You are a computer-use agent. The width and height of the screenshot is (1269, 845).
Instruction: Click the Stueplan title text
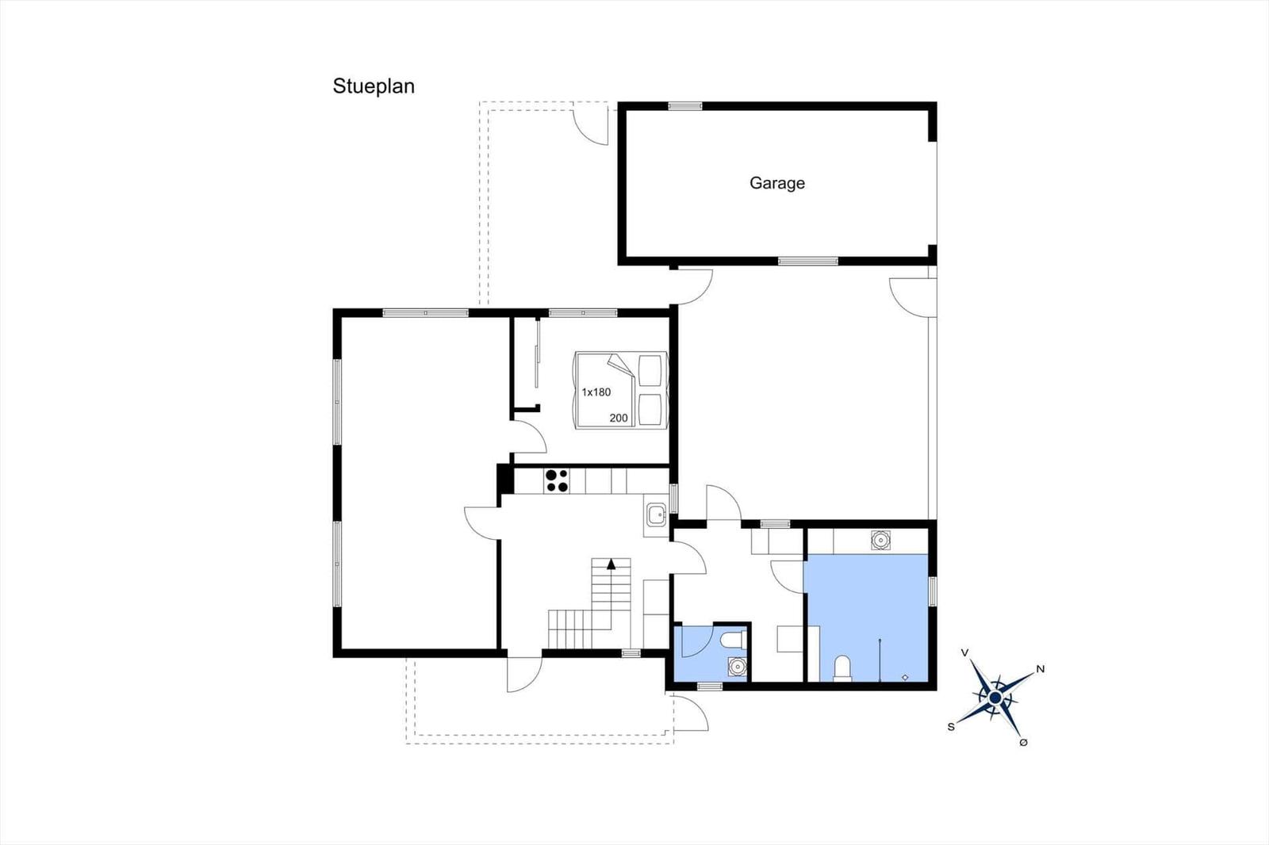tap(374, 86)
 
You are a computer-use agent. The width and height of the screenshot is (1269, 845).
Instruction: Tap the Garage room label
tap(776, 183)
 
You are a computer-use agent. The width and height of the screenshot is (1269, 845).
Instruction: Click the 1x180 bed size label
tap(596, 392)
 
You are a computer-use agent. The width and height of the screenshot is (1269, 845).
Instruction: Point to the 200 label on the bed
tap(619, 418)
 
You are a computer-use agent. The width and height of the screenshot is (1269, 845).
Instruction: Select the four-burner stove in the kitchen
tap(557, 481)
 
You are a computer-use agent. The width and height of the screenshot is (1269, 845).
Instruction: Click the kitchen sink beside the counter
tap(657, 514)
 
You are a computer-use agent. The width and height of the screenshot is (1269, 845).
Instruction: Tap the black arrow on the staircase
tap(611, 564)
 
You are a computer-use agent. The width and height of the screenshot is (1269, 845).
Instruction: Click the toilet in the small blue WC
tap(732, 640)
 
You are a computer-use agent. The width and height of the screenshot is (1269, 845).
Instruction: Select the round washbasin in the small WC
tap(737, 667)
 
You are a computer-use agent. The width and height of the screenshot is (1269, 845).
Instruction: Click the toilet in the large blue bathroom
tap(842, 668)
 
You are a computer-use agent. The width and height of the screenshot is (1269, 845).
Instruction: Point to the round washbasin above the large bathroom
tap(880, 541)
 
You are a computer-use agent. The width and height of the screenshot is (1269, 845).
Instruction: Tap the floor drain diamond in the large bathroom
tap(905, 678)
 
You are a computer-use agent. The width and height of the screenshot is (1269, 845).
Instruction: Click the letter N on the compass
tap(1040, 669)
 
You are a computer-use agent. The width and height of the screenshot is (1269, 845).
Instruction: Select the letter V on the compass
tap(964, 653)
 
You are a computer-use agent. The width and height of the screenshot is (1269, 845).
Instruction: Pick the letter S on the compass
tap(951, 727)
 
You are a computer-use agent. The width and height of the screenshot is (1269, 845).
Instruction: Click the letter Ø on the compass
tap(1023, 743)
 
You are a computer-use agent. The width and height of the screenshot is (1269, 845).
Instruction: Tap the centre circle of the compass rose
tap(995, 698)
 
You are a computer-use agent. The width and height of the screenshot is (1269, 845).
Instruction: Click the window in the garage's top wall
tap(685, 106)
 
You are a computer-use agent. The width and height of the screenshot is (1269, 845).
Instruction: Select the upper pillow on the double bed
tap(650, 370)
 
